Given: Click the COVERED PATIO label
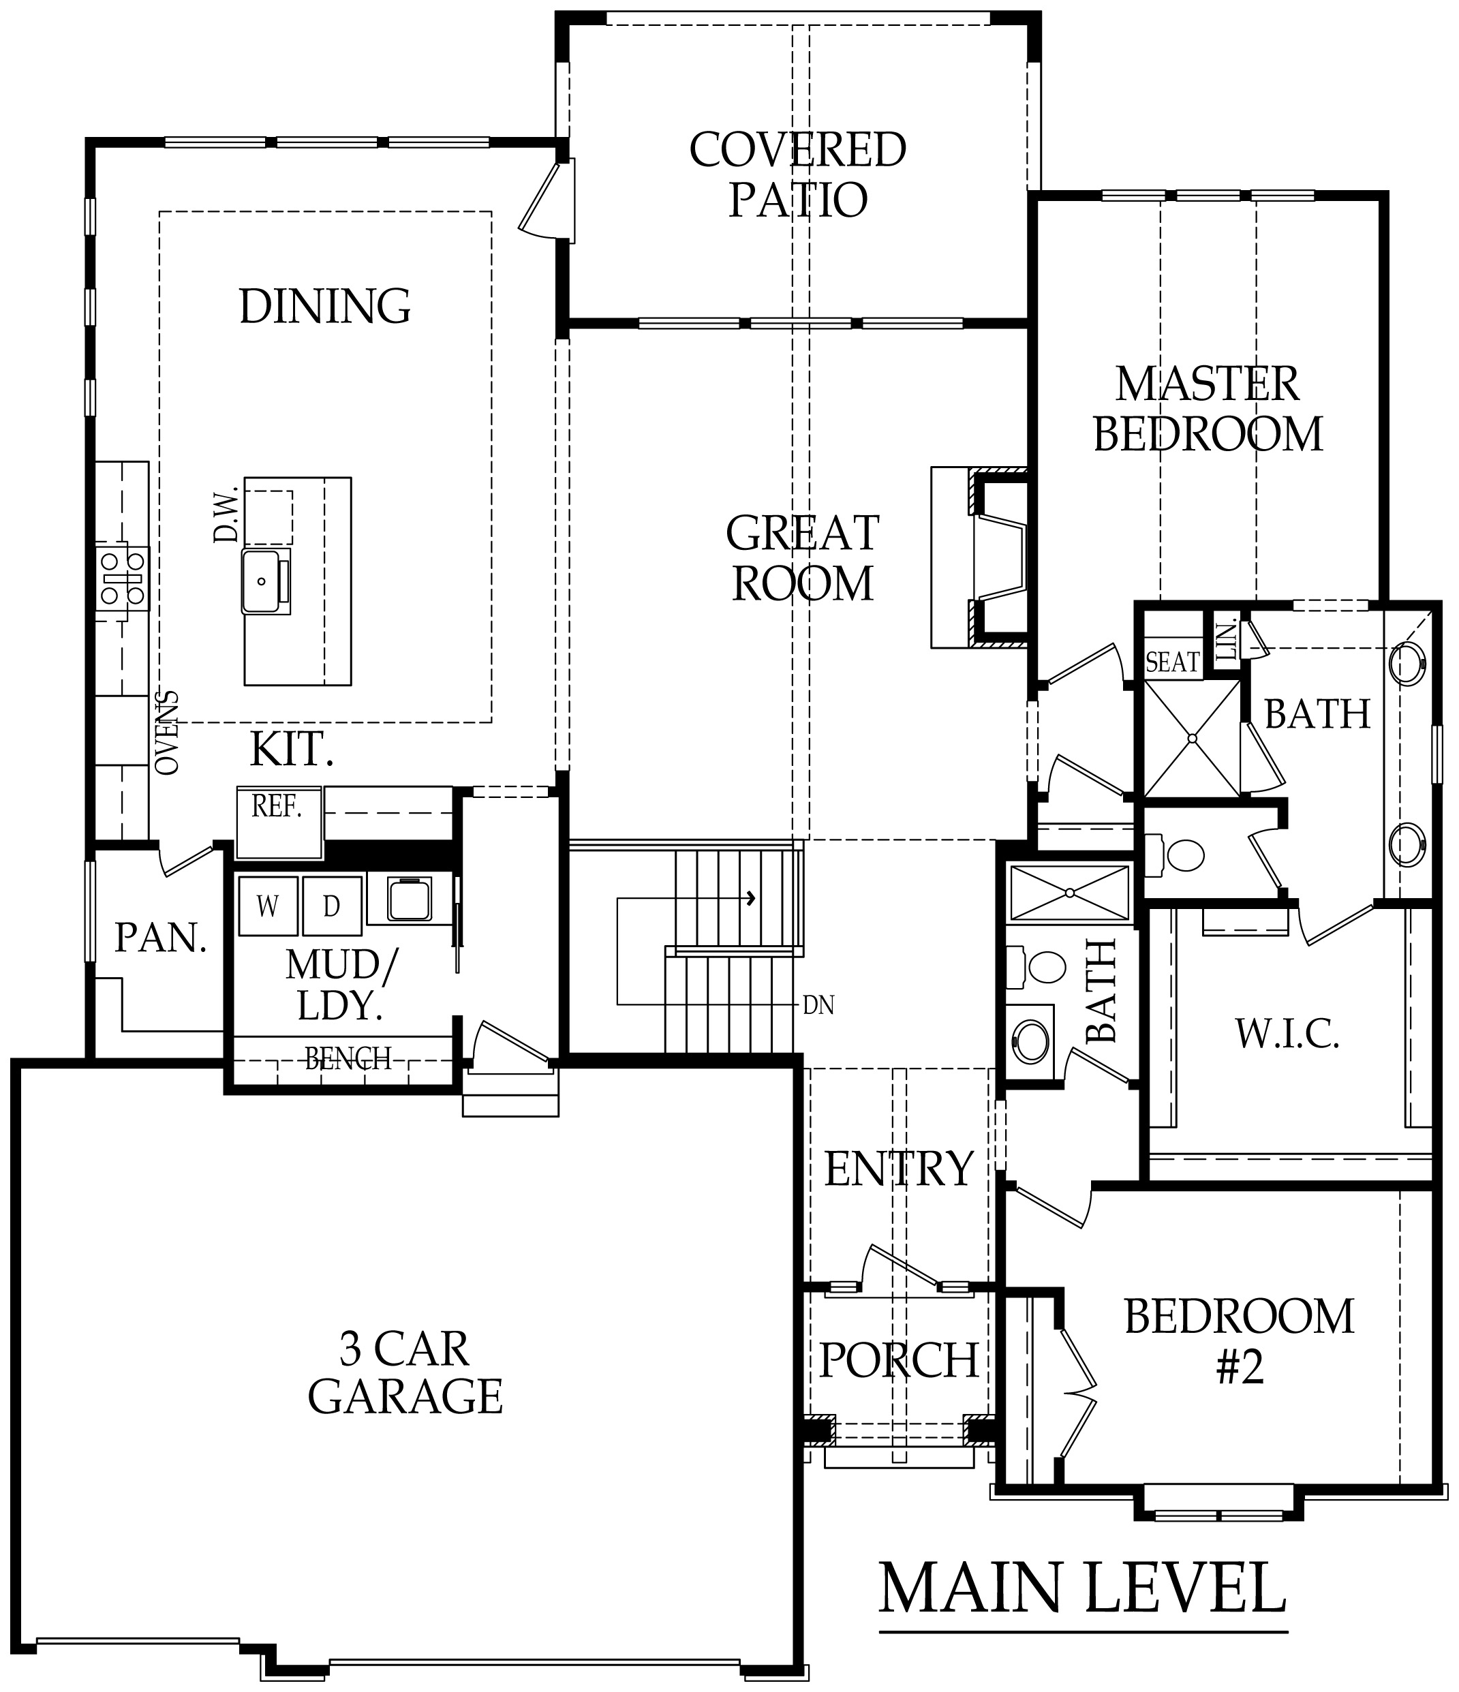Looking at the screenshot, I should [x=798, y=174].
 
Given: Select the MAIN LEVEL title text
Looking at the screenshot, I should [x=1083, y=1588].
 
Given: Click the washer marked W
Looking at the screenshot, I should [x=268, y=906].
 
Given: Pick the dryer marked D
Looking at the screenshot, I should [x=331, y=906].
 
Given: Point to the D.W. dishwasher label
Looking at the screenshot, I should [x=226, y=514].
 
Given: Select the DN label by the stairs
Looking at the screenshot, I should [x=818, y=1006].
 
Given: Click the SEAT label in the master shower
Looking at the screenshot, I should [x=1172, y=662].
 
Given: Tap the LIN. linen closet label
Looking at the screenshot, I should [x=1225, y=641].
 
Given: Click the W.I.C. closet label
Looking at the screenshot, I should [x=1287, y=1034].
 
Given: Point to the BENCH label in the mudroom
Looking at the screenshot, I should [x=348, y=1059].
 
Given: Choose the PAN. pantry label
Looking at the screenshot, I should [x=160, y=938].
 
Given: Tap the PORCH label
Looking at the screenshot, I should [x=899, y=1360].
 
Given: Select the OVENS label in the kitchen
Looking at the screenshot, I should [x=168, y=733].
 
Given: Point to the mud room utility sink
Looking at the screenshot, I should [x=410, y=899].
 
